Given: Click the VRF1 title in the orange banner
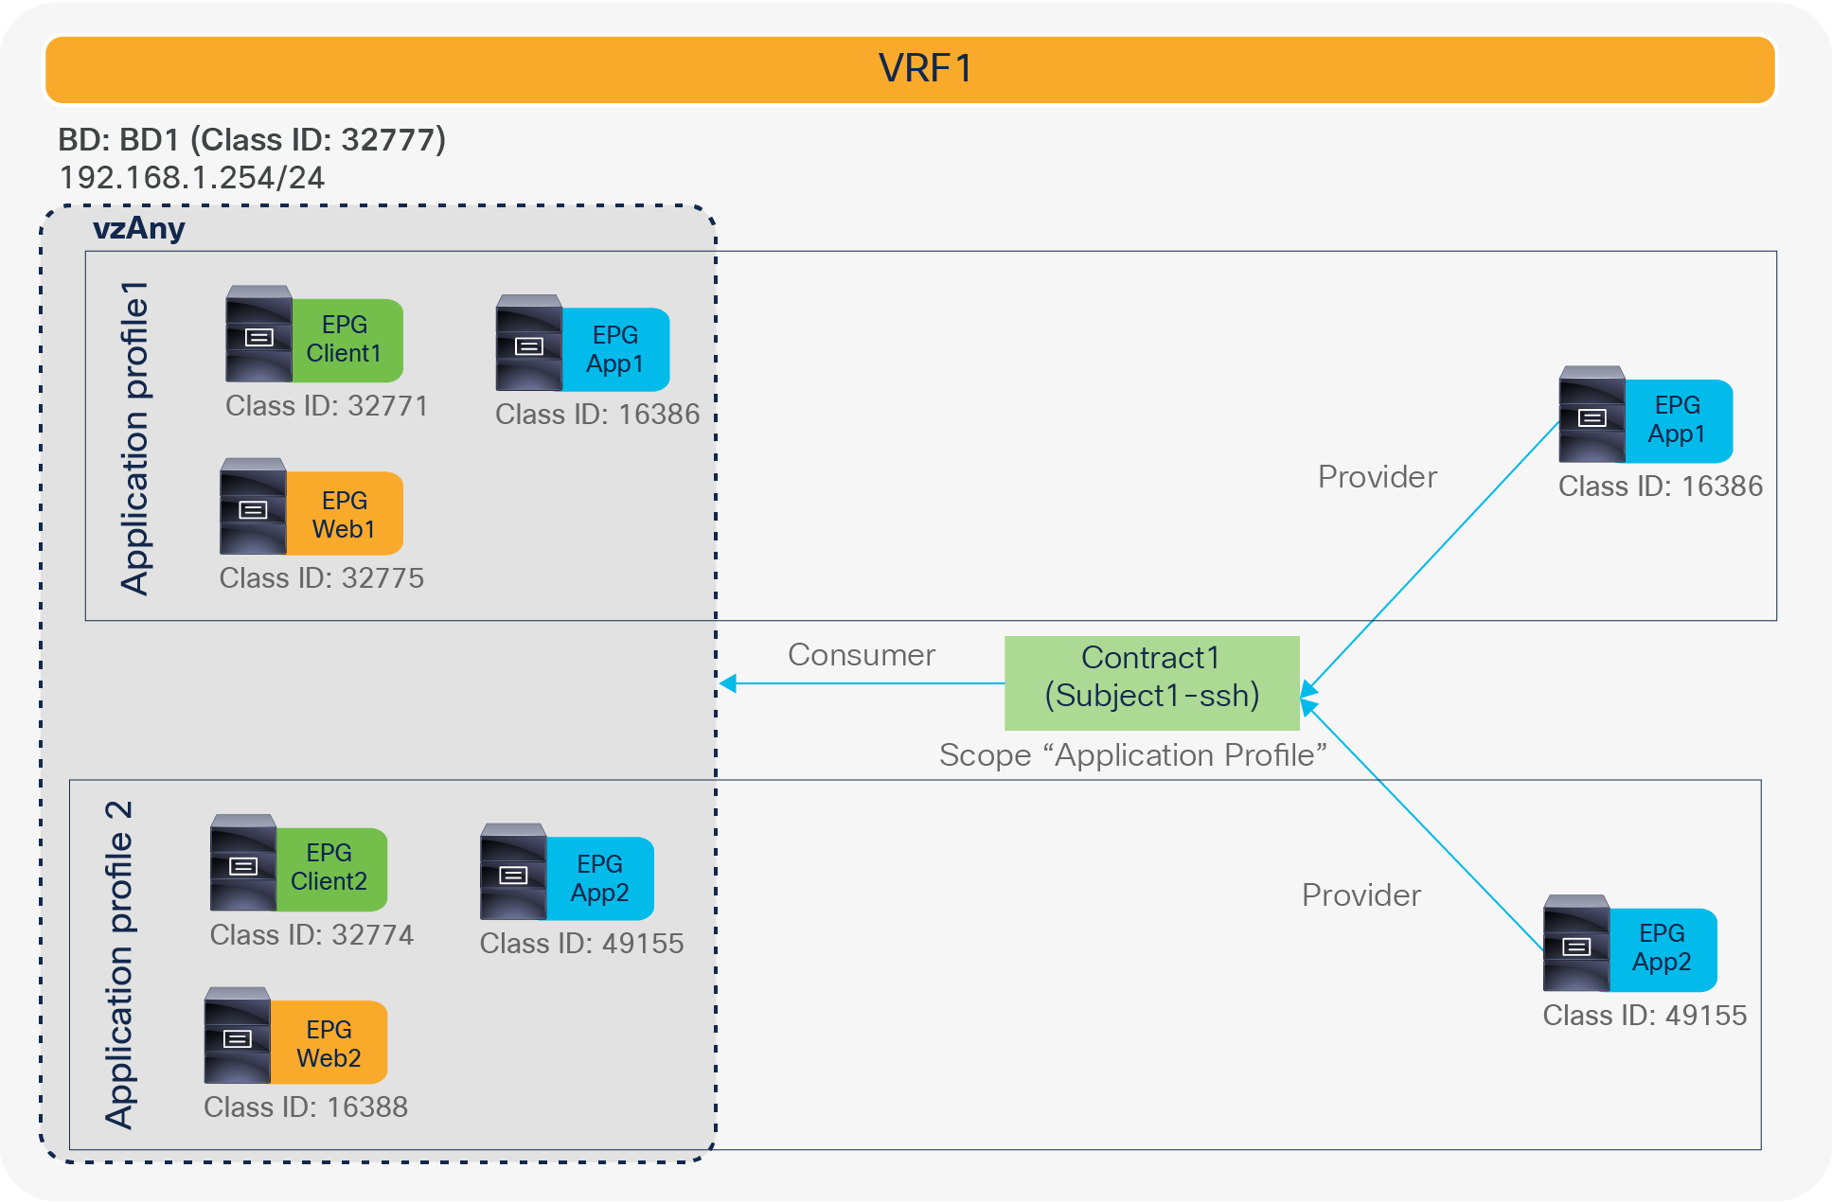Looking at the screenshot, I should pos(924,68).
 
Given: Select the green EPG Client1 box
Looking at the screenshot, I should pos(346,340).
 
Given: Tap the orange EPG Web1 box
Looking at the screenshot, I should pos(344,514).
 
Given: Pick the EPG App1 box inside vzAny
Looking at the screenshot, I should pos(615,349).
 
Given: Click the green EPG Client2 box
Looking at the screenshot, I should pos(329,868).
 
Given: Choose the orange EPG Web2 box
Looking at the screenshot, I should pos(329,1043).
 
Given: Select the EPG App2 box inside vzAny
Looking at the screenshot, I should pos(599,878).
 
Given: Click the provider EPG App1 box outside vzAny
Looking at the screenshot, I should pos(1678,420).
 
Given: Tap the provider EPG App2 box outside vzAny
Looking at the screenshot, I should pos(1662,948).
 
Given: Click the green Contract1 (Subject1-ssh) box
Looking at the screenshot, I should pos(1151,682).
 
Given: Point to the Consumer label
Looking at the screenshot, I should pos(861,655).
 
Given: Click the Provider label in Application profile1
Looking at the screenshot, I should pos(1377,477).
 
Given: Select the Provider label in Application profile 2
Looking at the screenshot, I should pos(1361,895).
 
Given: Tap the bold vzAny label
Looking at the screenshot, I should pos(138,228).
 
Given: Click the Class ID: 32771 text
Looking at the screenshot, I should pos(327,406).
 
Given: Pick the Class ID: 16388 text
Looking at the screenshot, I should pos(305,1107).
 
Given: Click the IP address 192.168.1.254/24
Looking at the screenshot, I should pos(192,178).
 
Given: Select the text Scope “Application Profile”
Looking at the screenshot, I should pos(1132,755).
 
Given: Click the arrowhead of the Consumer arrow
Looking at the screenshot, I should pos(727,683).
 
